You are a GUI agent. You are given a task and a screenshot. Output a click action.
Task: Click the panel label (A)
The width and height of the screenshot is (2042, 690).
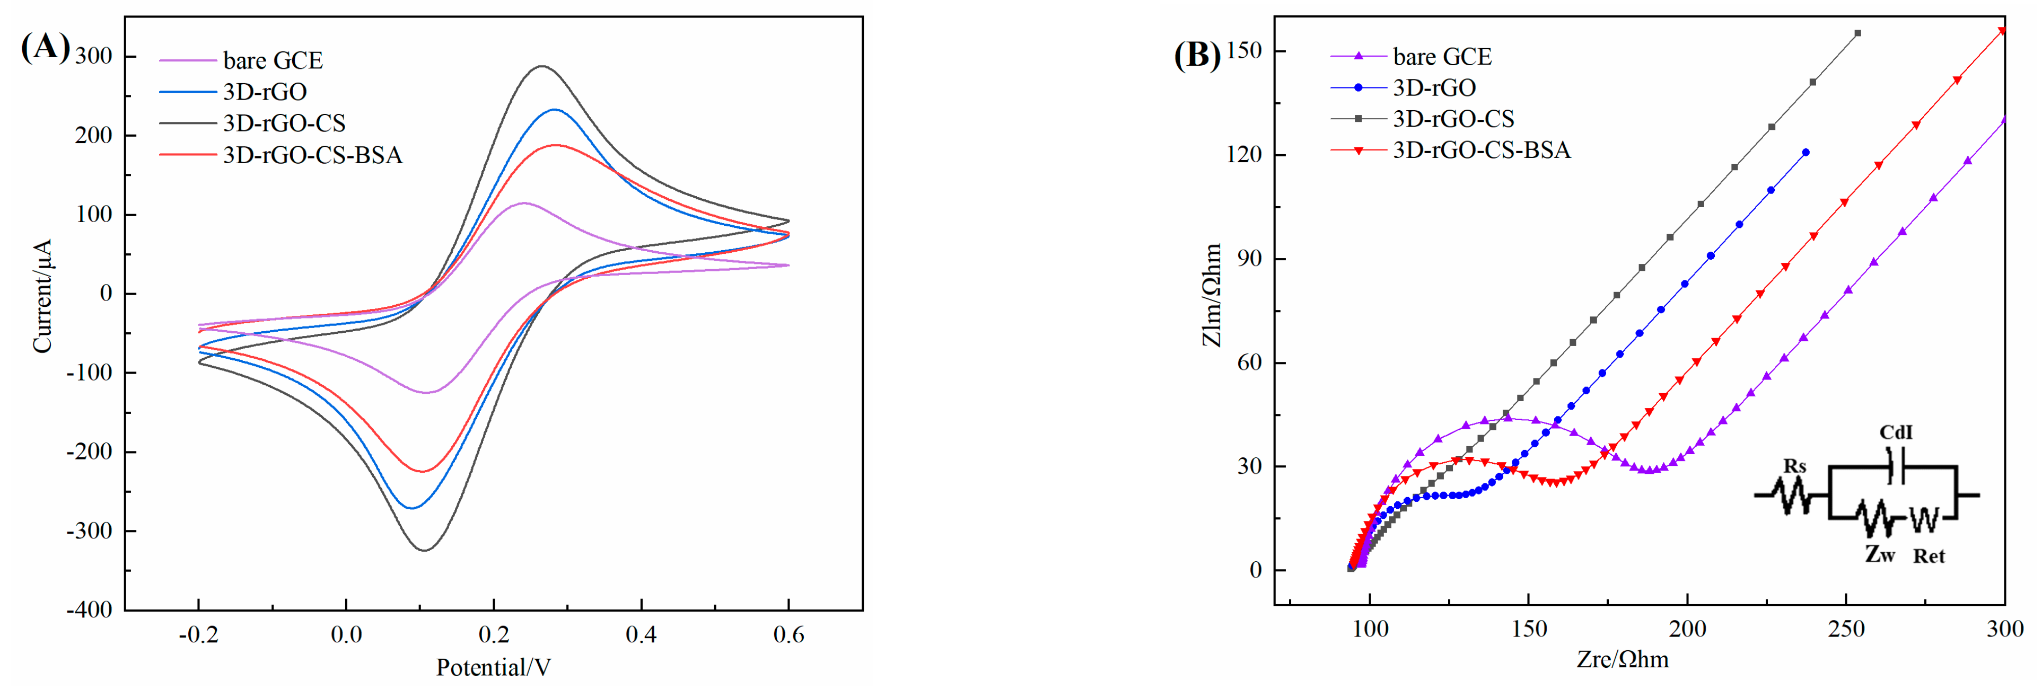[45, 48]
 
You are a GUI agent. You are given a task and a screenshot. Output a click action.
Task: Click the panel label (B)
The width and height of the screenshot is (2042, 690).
[1197, 56]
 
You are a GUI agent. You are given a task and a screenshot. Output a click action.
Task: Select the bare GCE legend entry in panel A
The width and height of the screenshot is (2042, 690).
[272, 60]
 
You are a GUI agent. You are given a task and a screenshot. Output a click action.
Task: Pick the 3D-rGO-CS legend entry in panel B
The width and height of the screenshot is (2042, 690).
[1452, 119]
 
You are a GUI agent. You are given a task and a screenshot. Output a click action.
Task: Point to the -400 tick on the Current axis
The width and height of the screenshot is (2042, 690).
[90, 609]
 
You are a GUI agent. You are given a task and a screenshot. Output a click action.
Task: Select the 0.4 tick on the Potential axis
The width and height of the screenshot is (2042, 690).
[641, 634]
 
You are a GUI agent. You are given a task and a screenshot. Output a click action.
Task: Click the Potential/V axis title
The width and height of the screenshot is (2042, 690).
[493, 667]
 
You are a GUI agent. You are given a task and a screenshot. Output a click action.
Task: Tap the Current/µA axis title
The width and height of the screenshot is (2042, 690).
[41, 296]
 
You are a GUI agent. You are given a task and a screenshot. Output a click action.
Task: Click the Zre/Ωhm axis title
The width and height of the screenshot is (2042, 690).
[1622, 659]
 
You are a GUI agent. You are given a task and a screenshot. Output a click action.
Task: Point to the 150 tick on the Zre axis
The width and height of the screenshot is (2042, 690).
[1528, 629]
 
